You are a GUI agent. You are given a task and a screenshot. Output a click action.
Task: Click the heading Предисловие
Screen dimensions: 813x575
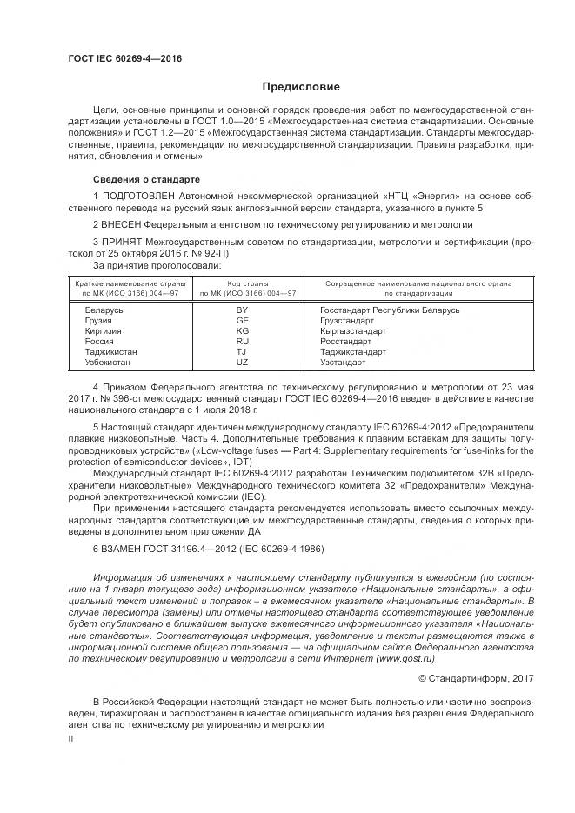point(302,87)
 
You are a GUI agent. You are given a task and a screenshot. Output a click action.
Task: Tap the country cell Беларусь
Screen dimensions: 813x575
point(104,310)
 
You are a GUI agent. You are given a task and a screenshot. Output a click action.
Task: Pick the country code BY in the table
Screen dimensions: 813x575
point(243,310)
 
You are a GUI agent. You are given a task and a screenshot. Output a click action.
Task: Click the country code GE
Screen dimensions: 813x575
point(243,320)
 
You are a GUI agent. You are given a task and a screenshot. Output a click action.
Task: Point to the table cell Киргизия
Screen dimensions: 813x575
point(104,330)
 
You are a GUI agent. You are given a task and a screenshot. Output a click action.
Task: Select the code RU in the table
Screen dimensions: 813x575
point(243,341)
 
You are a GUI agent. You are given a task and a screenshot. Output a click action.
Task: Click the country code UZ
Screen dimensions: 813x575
point(243,362)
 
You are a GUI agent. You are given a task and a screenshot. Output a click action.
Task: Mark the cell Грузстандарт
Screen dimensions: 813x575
point(348,320)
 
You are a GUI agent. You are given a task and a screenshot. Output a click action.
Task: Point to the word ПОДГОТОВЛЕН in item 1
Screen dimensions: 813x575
point(143,197)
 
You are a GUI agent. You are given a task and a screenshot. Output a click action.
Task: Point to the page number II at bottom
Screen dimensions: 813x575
point(71,737)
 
